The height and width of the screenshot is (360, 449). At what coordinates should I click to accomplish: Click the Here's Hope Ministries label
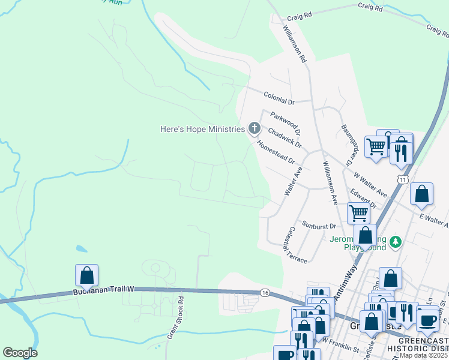click(x=202, y=129)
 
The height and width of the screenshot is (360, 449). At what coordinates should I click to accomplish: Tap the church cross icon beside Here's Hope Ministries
click(x=254, y=128)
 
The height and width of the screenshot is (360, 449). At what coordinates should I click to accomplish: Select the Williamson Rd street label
click(x=295, y=44)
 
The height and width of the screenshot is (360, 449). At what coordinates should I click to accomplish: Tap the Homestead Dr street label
click(x=276, y=153)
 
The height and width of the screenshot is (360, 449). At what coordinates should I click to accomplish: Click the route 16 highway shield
click(x=265, y=293)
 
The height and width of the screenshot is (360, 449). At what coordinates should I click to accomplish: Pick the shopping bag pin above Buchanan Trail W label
click(x=86, y=275)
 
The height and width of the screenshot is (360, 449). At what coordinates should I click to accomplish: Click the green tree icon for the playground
click(x=395, y=242)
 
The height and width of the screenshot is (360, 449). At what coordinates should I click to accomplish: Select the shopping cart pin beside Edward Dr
click(x=358, y=212)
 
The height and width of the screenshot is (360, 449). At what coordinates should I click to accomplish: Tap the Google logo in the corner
click(x=20, y=353)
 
